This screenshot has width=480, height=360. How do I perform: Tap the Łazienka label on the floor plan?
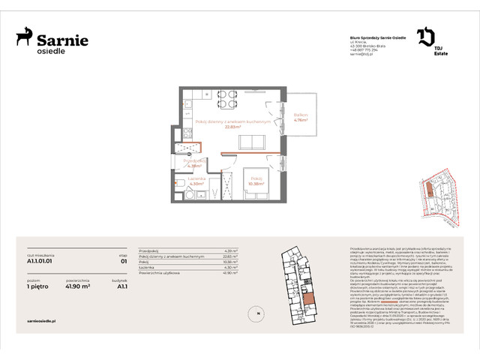coord(196,178)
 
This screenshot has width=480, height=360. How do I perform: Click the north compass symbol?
coord(257,312)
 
